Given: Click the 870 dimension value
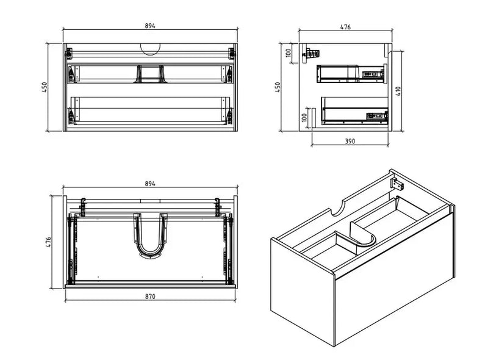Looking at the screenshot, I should click(x=150, y=296).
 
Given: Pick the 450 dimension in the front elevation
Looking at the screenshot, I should click(x=44, y=88).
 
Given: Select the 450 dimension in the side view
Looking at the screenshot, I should click(x=278, y=87).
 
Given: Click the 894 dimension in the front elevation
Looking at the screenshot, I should click(x=150, y=26).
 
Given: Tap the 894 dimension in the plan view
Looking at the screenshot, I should click(x=150, y=183).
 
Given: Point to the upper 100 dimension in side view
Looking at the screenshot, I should click(x=287, y=53).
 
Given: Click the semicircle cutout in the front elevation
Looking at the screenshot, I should click(x=150, y=48).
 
